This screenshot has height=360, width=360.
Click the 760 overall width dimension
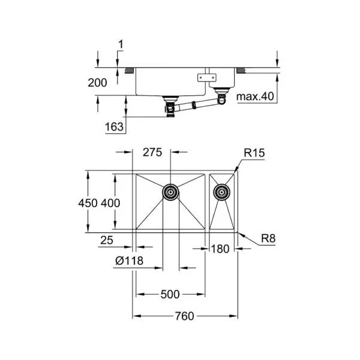(185, 316)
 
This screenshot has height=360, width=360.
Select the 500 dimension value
(170, 295)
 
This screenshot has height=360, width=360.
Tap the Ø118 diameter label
(129, 260)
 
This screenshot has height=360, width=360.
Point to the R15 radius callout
(254, 152)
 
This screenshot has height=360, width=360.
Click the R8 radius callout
(268, 239)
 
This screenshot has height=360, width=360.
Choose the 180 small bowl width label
(220, 249)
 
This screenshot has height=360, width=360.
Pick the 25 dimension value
(107, 241)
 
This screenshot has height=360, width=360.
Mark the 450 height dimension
(88, 203)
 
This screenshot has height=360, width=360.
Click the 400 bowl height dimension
(110, 203)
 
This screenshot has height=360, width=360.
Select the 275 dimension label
(152, 152)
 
